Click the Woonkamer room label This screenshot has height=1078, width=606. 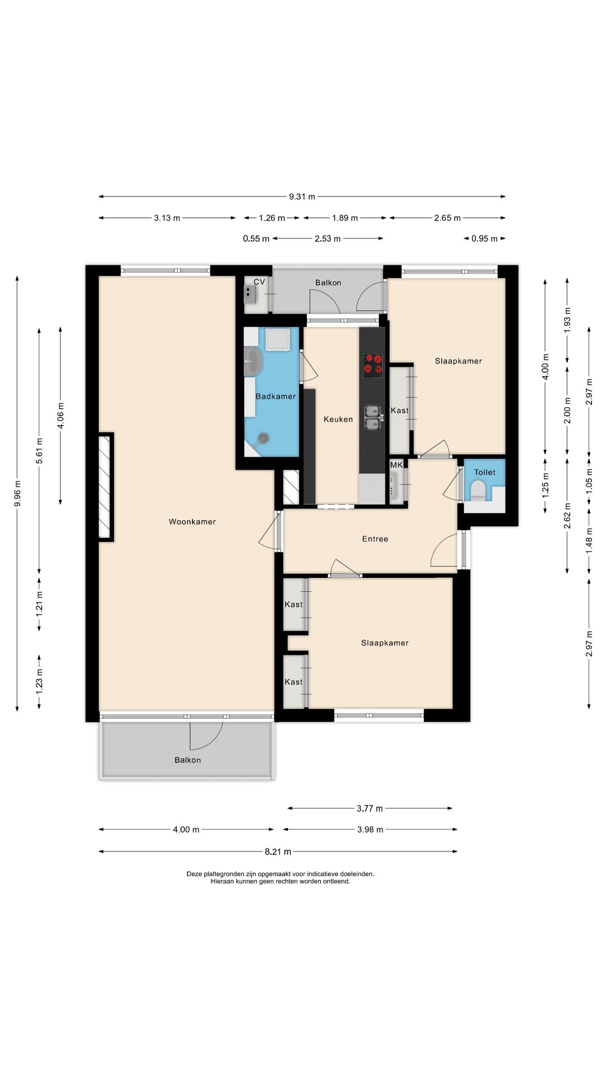point(192,522)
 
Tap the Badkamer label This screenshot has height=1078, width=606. point(276,396)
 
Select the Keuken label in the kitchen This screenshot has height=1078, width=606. point(338,419)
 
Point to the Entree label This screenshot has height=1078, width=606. point(375,539)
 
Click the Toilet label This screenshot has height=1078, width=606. point(485,472)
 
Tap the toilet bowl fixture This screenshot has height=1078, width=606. point(478,492)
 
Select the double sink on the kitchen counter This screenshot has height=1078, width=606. point(373,418)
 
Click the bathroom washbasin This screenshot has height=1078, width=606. point(253,362)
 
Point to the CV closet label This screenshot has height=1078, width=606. point(259,282)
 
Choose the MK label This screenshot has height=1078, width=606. point(397,465)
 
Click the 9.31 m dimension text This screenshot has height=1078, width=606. point(302,197)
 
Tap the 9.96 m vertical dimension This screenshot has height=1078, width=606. point(17,493)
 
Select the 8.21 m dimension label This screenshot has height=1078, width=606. point(278,852)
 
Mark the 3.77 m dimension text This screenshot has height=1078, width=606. point(370,808)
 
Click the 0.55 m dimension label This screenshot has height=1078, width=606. point(256,239)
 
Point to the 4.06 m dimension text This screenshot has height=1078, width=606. point(61,415)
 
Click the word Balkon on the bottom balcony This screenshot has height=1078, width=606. point(187,760)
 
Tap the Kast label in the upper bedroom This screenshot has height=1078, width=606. point(400,410)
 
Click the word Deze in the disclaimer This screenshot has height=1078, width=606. point(194,874)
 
